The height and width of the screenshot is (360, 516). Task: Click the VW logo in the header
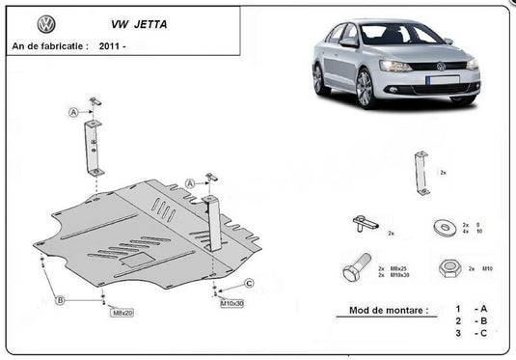(x=45, y=24)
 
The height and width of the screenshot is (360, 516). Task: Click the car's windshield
(x=396, y=35)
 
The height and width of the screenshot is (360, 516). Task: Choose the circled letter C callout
(x=249, y=282)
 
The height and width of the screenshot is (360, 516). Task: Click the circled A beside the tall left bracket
(x=73, y=113)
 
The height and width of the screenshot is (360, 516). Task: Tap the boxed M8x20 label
(x=122, y=313)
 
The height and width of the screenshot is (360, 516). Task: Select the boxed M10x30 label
(x=232, y=303)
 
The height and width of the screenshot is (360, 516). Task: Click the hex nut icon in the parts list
(x=448, y=267)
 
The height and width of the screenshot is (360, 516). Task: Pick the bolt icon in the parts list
(x=356, y=266)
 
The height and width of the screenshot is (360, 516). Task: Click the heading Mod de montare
(x=381, y=312)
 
